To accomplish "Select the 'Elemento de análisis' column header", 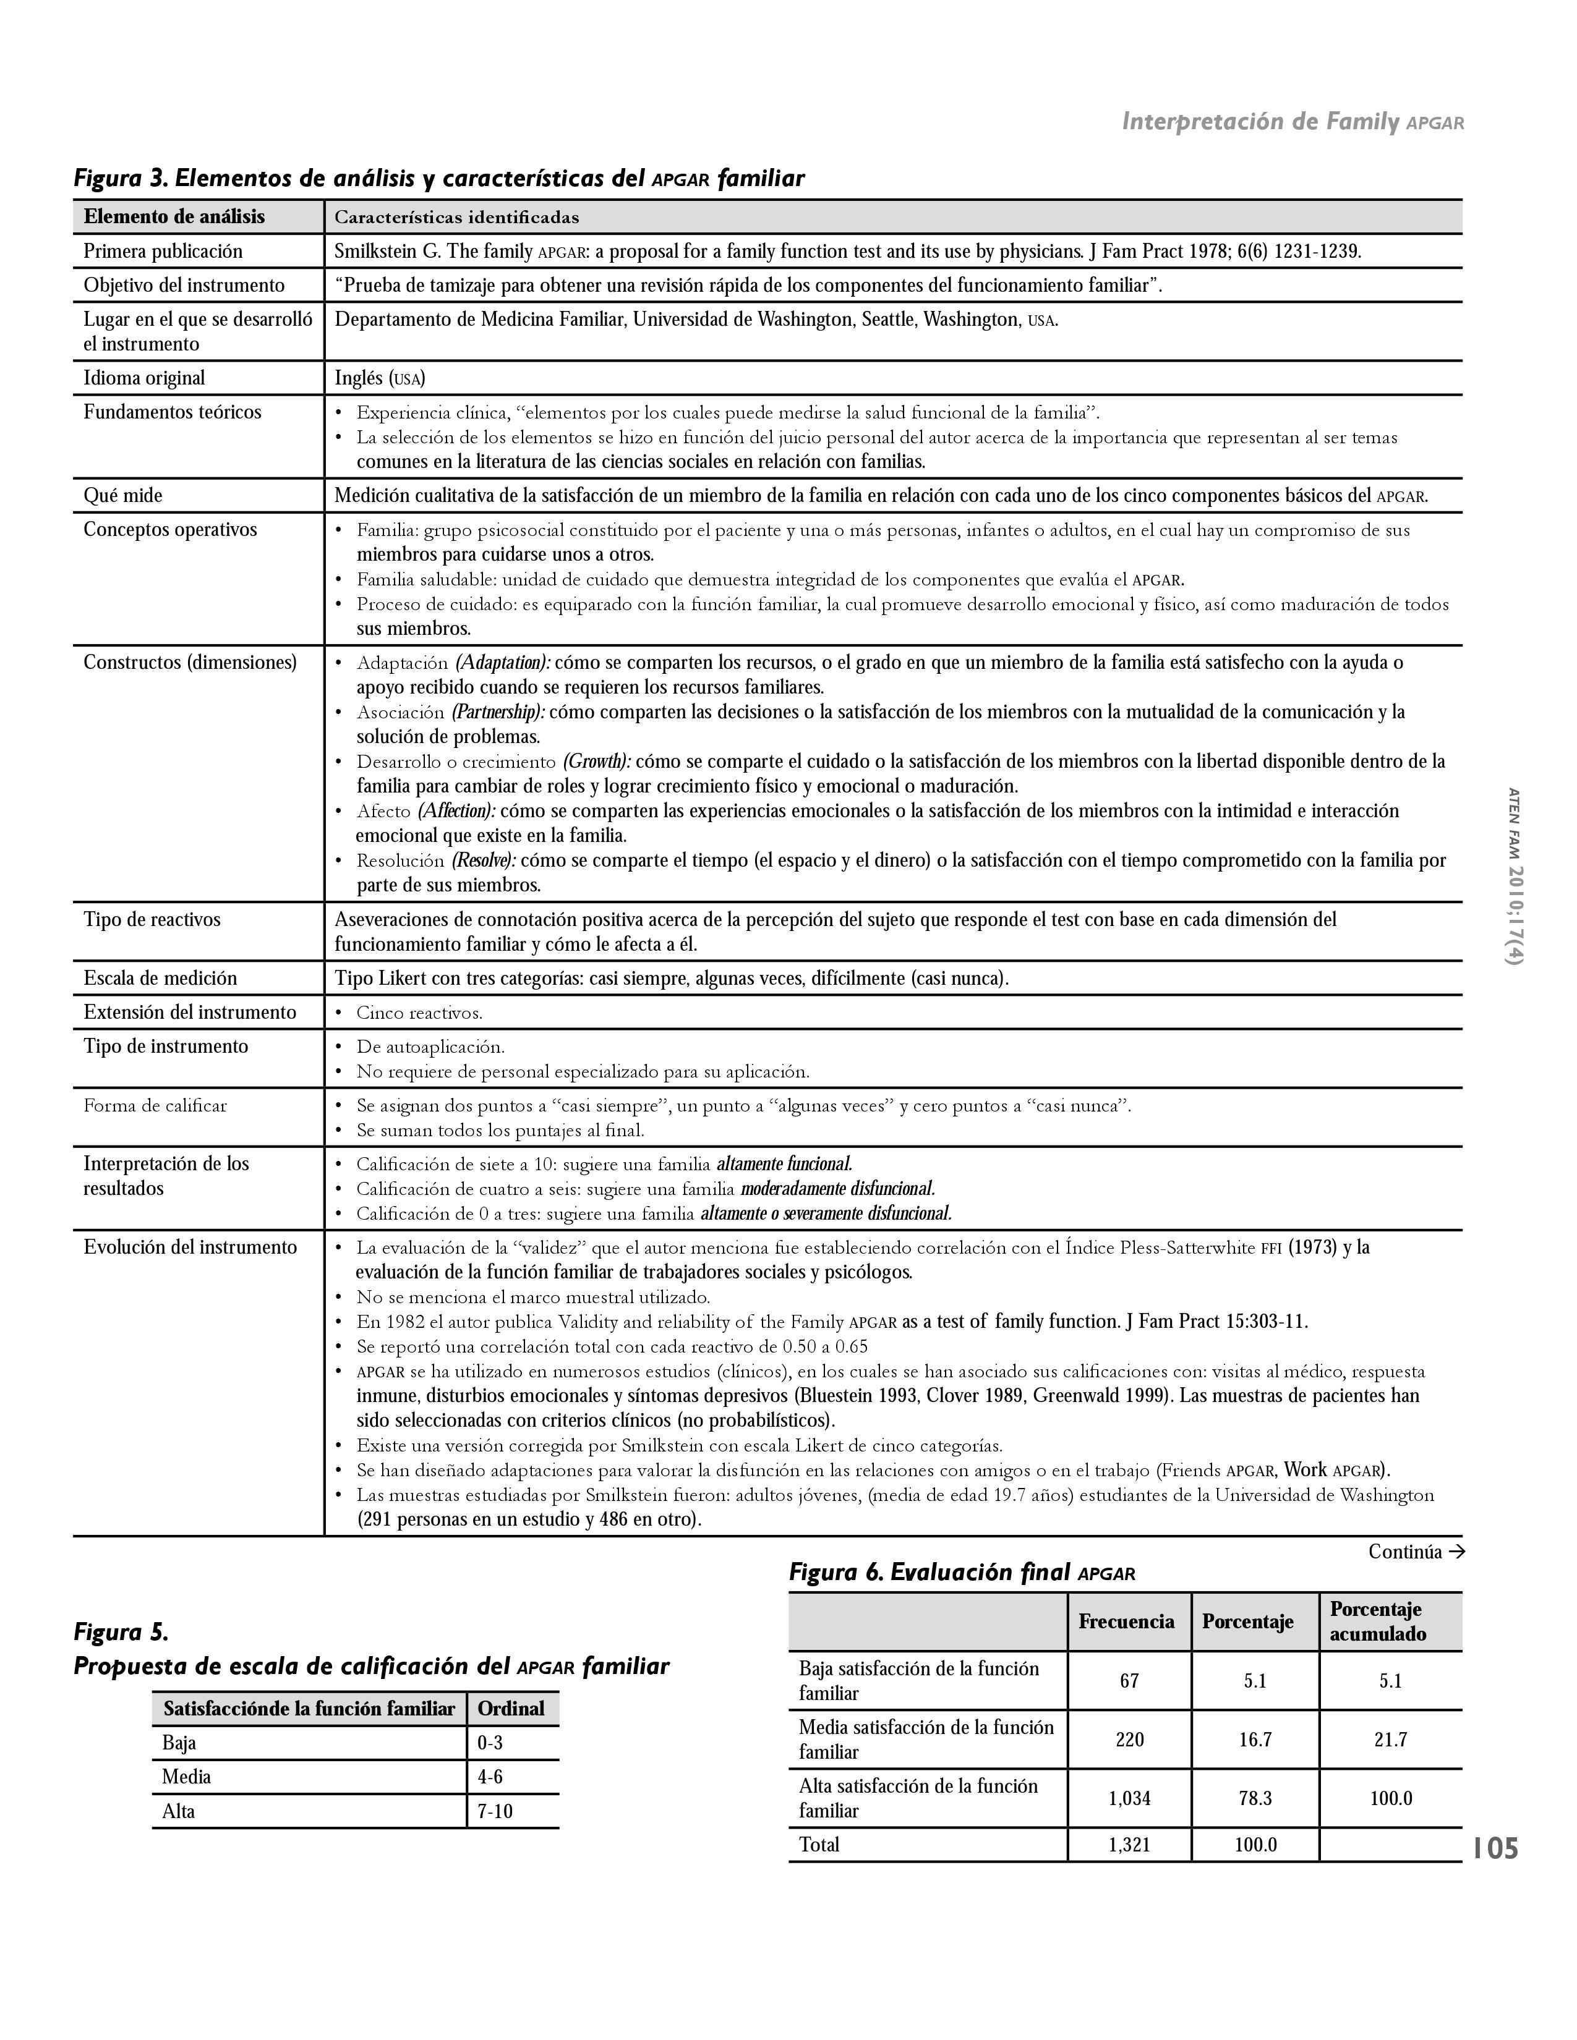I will pyautogui.click(x=174, y=217).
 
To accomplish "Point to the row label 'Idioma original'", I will pyautogui.click(x=144, y=378).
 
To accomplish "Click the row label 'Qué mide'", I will pyautogui.click(x=122, y=496).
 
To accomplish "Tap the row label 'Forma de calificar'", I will pyautogui.click(x=155, y=1106).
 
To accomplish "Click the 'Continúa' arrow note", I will pyautogui.click(x=1416, y=1552).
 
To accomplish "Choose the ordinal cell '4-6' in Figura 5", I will pyautogui.click(x=490, y=1777).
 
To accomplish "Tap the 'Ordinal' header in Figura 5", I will pyautogui.click(x=510, y=1709).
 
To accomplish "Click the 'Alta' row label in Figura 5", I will pyautogui.click(x=179, y=1811).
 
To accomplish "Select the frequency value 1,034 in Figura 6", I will pyautogui.click(x=1129, y=1798).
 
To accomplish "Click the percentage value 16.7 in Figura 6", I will pyautogui.click(x=1255, y=1739).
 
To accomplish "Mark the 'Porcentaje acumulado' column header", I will pyautogui.click(x=1377, y=1621).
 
